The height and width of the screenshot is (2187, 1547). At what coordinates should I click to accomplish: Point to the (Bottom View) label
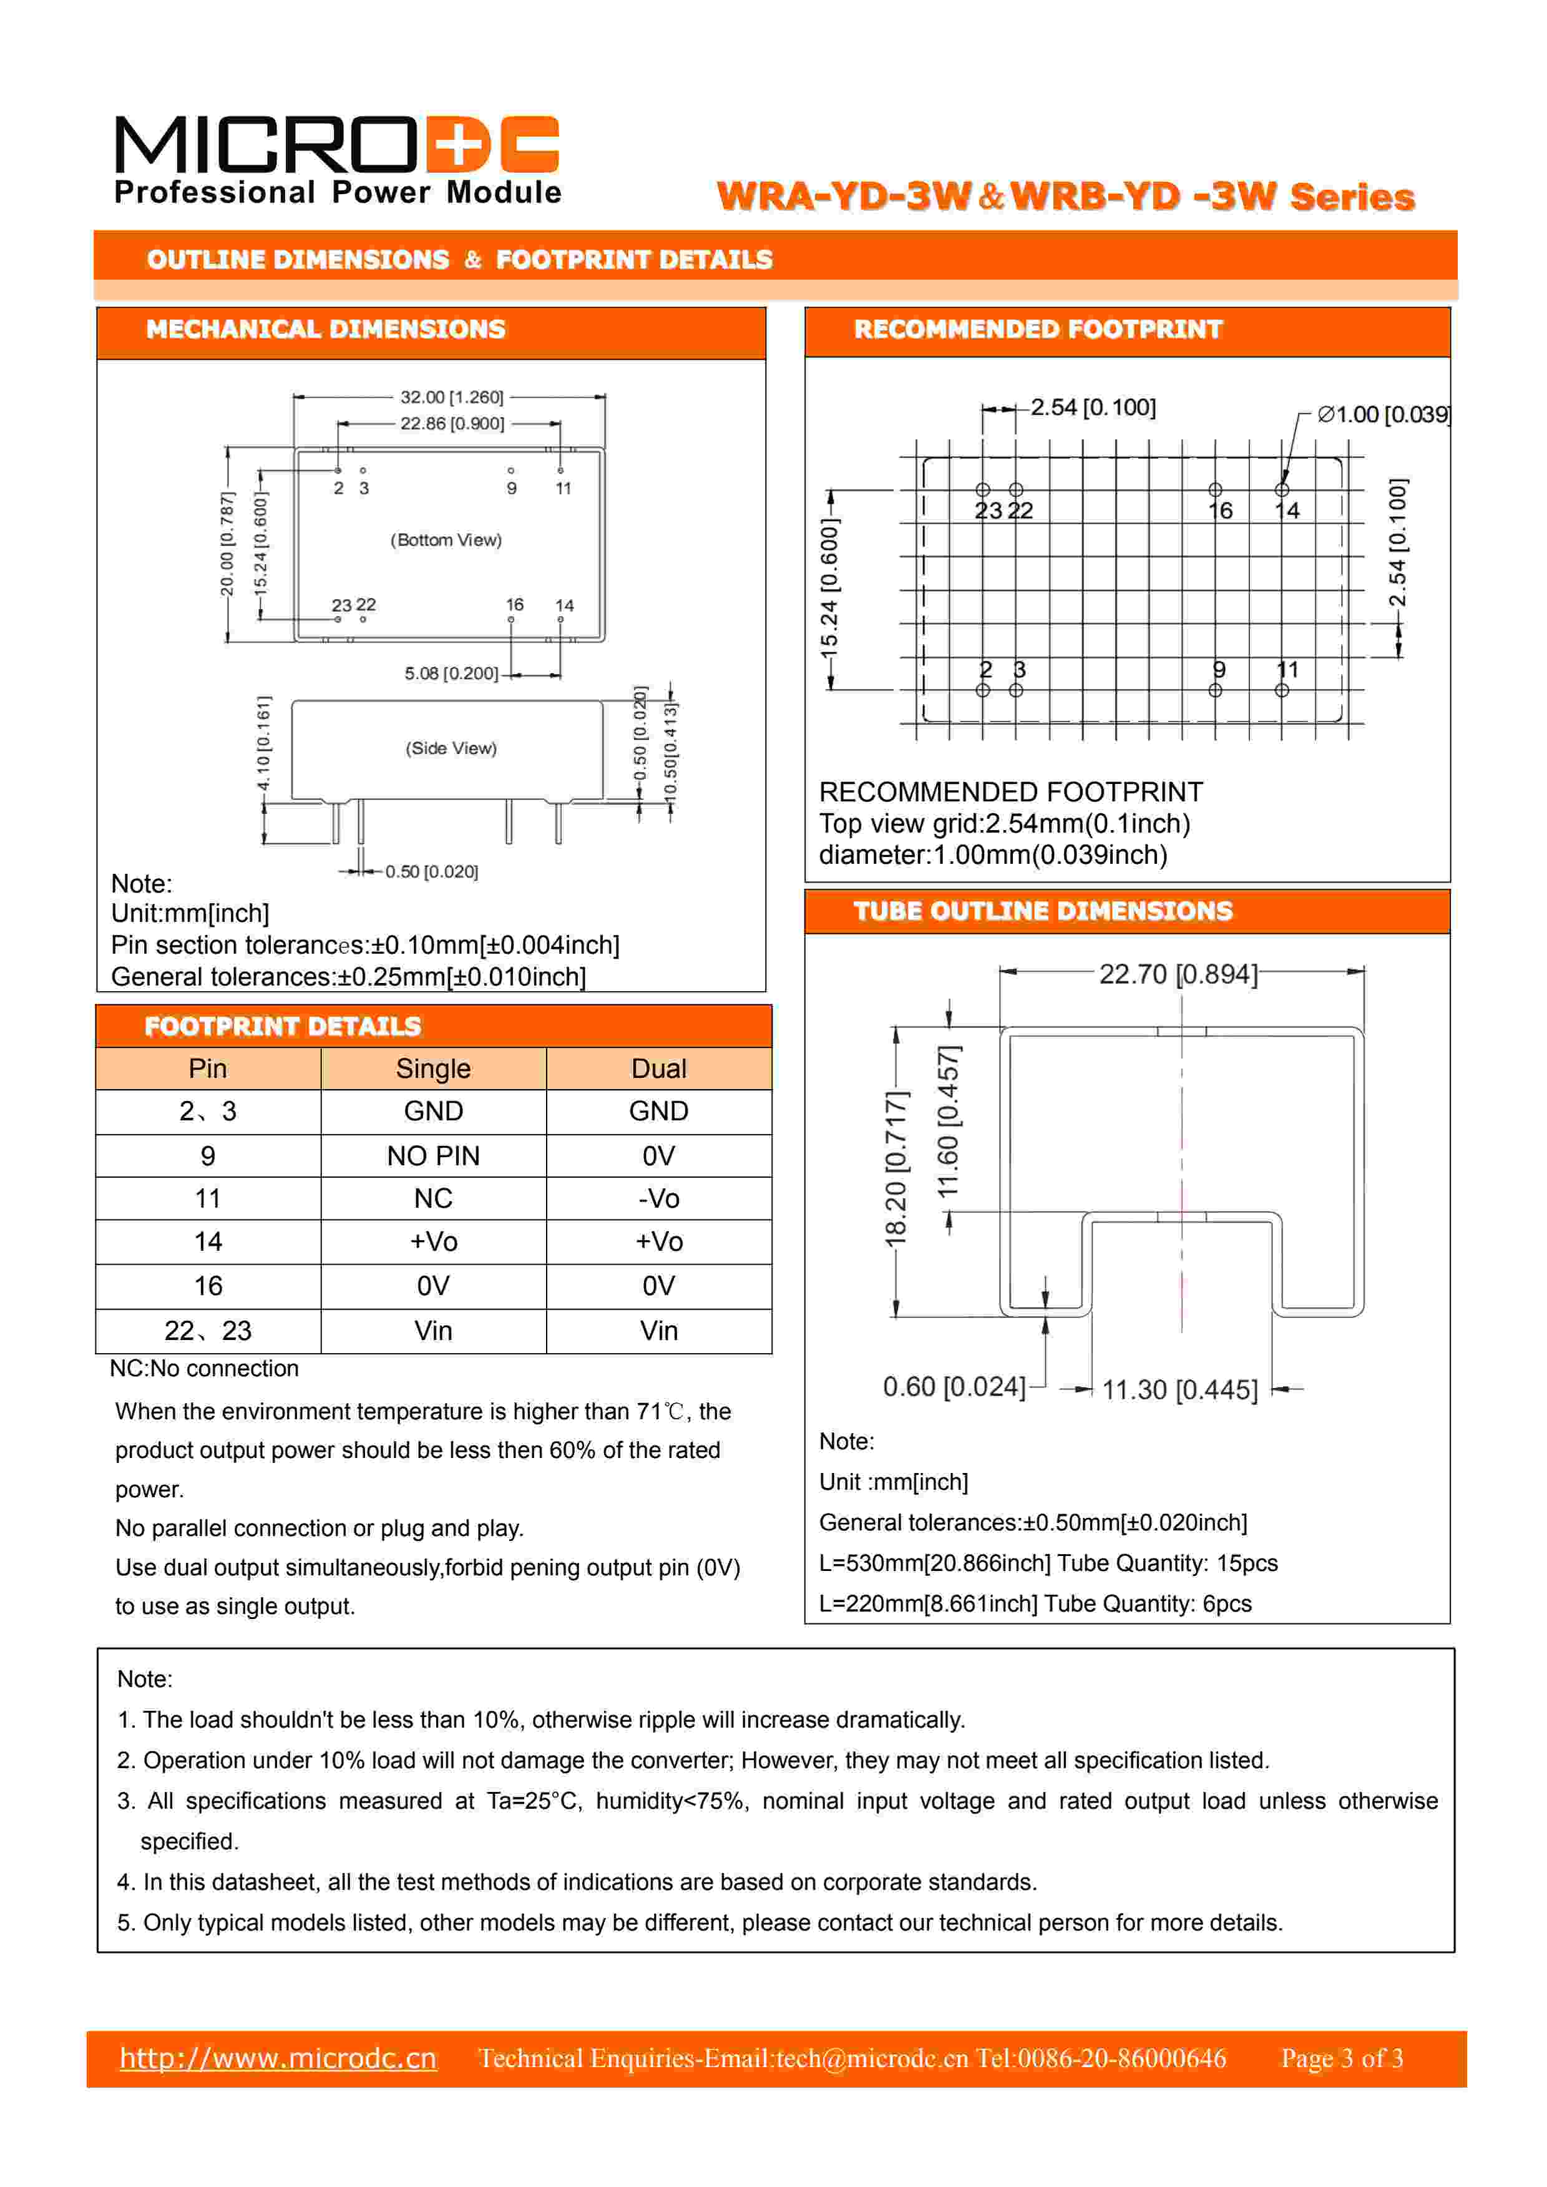click(446, 540)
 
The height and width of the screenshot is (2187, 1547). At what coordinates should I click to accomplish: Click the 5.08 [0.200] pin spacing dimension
click(451, 673)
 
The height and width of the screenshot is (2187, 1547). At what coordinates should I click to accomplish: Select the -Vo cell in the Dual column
click(658, 1198)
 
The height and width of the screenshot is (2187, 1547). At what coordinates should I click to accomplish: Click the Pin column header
click(208, 1069)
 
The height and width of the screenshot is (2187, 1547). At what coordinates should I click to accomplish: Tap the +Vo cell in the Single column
click(434, 1242)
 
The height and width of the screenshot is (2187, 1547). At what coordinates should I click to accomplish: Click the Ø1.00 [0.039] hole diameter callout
click(1383, 414)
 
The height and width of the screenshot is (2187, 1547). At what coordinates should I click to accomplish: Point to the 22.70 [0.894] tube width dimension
click(1178, 974)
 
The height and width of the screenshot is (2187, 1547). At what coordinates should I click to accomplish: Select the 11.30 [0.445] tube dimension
click(1179, 1390)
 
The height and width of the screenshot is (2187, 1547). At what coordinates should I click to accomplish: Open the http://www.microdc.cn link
click(278, 2058)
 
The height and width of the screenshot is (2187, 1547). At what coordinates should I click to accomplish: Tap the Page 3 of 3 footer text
click(1341, 2058)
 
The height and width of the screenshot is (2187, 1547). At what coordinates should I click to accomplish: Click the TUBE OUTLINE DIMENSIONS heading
click(1043, 912)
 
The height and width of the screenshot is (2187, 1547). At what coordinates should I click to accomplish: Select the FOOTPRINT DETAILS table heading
click(283, 1027)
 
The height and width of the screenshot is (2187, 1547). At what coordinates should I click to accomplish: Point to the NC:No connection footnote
click(204, 1369)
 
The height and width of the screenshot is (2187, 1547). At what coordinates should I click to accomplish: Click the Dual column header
click(658, 1069)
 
